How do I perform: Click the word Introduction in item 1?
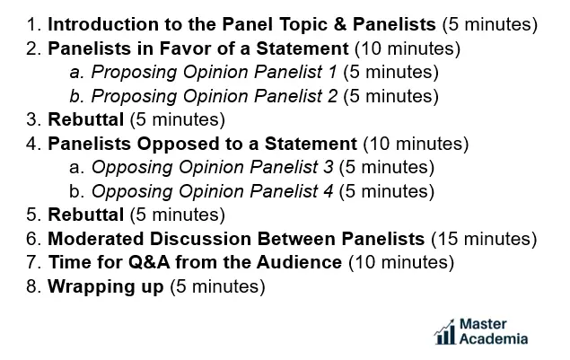point(104,24)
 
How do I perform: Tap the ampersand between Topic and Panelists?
point(339,24)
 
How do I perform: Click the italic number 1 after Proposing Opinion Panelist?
point(332,72)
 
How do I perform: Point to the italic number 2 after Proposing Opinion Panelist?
point(332,96)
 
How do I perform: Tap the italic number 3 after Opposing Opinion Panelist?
point(329,167)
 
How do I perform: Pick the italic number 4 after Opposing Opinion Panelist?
point(329,191)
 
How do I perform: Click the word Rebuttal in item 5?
point(86,215)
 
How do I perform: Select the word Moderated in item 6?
point(96,239)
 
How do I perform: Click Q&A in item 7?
point(149,262)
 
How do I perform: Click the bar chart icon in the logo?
point(445,331)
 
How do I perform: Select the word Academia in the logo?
point(494,339)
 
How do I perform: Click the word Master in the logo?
point(483,323)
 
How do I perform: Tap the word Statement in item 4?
point(311,144)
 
